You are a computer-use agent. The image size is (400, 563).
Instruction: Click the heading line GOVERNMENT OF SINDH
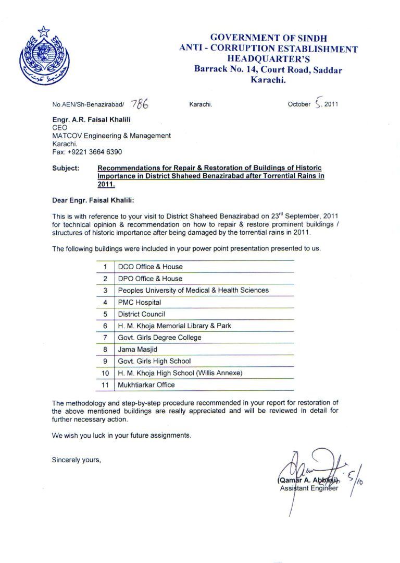pyautogui.click(x=268, y=38)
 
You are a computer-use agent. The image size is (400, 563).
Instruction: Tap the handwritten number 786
pyautogui.click(x=140, y=103)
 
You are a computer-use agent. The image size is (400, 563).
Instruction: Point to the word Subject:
pyautogui.click(x=66, y=168)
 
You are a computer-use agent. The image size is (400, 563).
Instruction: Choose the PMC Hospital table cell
pyautogui.click(x=139, y=302)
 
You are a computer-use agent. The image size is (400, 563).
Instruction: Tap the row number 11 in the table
pyautogui.click(x=105, y=385)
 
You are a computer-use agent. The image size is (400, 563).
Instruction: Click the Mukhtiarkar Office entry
pyautogui.click(x=146, y=385)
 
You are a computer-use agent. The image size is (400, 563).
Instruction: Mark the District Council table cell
pyautogui.click(x=141, y=314)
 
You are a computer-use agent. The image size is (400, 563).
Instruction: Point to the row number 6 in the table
pyautogui.click(x=105, y=326)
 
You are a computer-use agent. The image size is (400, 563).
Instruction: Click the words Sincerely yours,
pyautogui.click(x=76, y=460)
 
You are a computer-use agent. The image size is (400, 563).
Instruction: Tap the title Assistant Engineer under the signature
pyautogui.click(x=309, y=488)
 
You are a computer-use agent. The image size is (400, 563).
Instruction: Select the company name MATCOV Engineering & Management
pyautogui.click(x=111, y=136)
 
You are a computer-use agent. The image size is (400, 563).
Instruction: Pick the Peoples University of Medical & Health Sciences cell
pyautogui.click(x=193, y=290)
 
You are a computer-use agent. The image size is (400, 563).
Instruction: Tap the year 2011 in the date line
pyautogui.click(x=331, y=104)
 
